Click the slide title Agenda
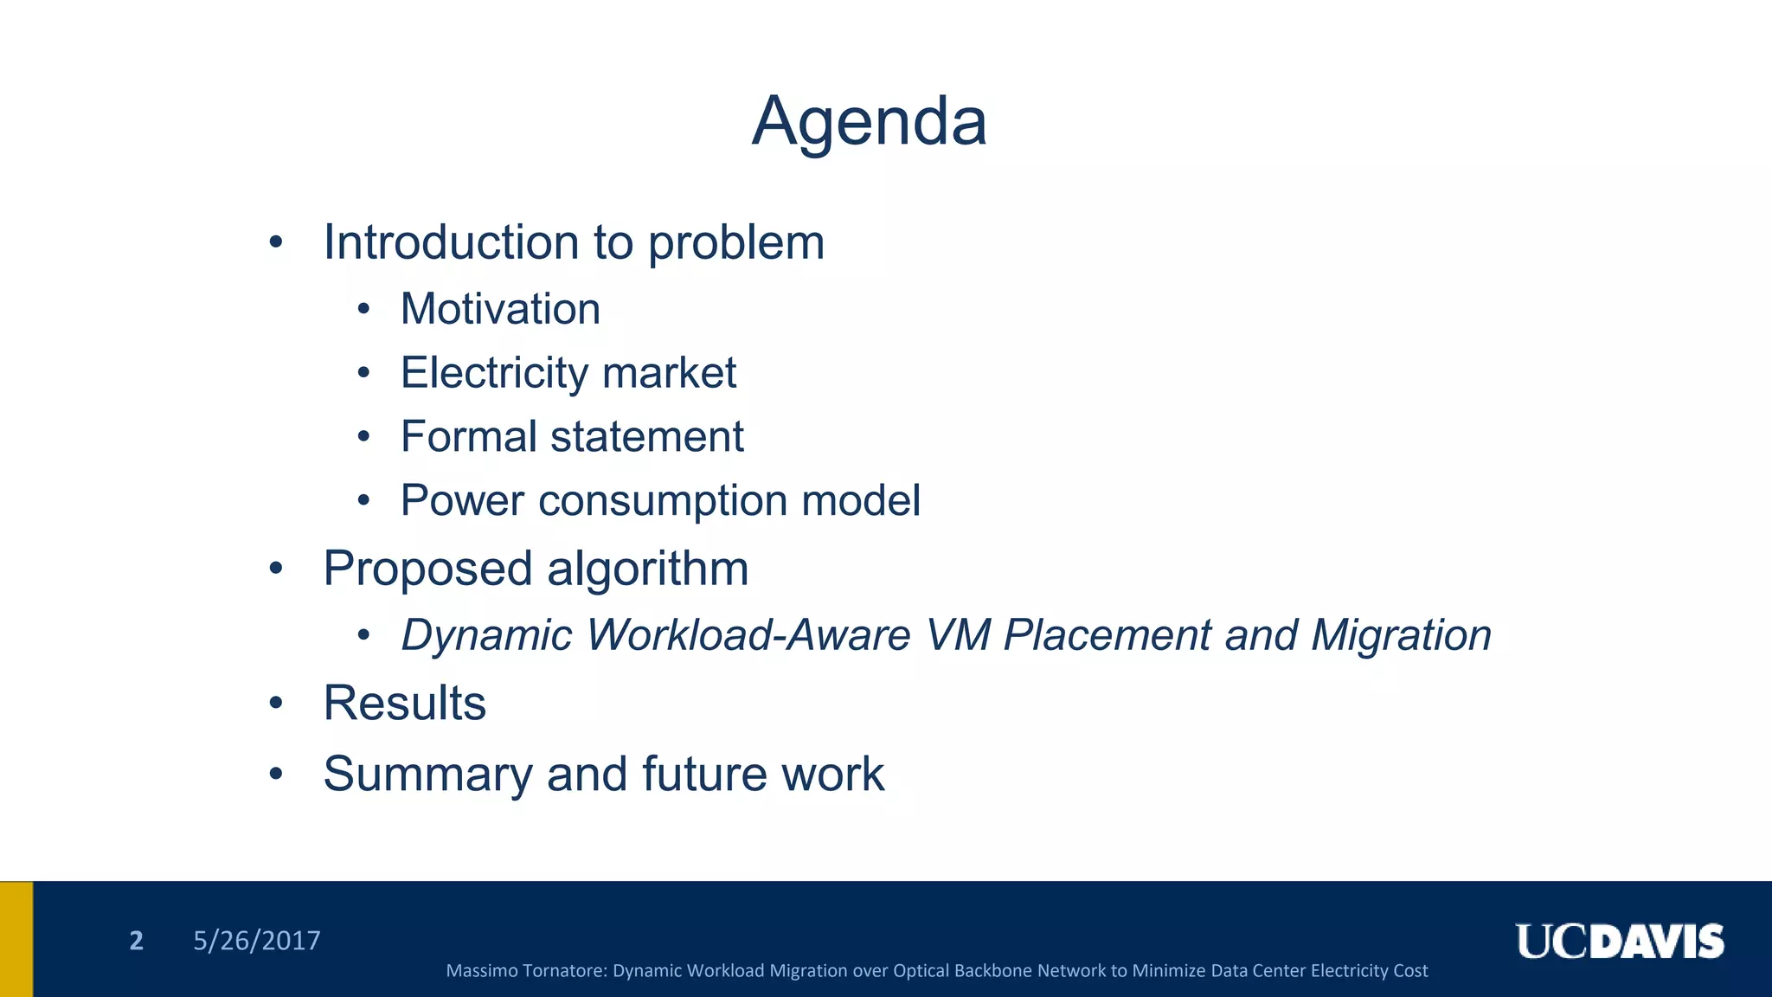(869, 121)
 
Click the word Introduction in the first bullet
(451, 242)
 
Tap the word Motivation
(500, 309)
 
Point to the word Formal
(468, 436)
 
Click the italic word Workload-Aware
(748, 635)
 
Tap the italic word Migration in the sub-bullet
(1401, 635)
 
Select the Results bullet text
(404, 703)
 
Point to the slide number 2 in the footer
(136, 941)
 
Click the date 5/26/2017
(256, 941)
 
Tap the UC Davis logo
(1619, 942)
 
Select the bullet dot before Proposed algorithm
(276, 569)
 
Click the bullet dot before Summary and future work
(276, 774)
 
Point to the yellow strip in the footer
(16, 939)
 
